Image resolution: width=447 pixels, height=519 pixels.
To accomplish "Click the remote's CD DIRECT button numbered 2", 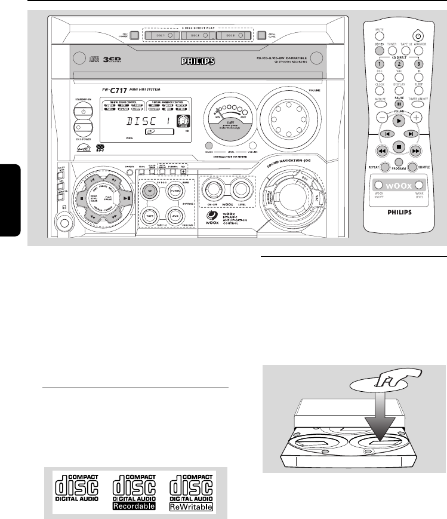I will (399, 64).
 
